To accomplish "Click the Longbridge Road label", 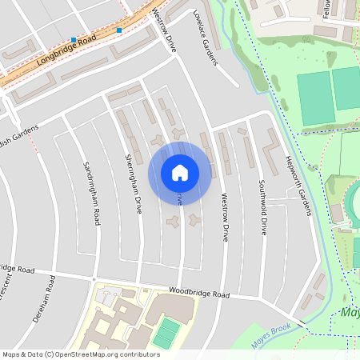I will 67,50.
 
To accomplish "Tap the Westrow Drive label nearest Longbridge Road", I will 164,30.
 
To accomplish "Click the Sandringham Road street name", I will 91,194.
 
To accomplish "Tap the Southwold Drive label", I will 262,206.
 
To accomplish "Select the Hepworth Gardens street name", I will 298,185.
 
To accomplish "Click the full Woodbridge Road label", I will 198,294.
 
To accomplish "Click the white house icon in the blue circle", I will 179,172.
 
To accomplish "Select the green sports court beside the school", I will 166,332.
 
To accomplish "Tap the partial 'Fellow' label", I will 326,10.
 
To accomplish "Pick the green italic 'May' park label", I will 349,312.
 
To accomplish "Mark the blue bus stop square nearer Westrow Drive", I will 118,30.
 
